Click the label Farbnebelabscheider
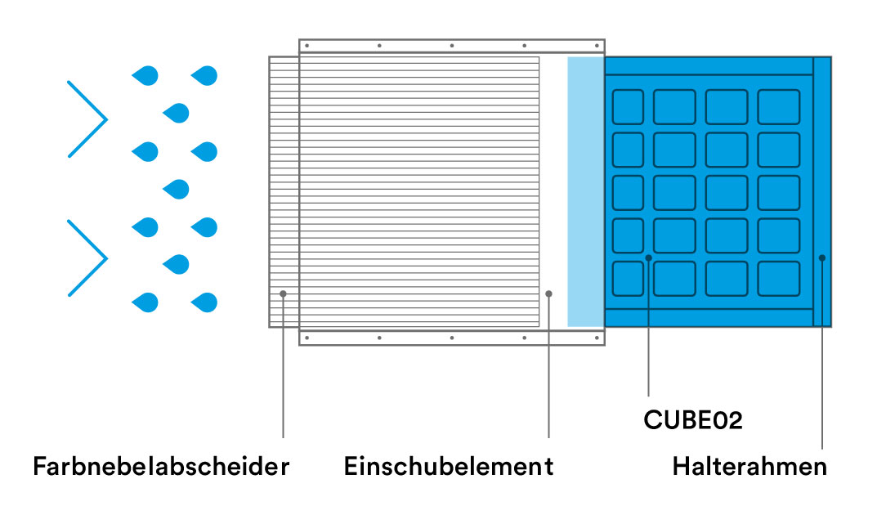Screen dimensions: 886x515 click(161, 467)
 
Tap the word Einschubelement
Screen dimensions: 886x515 click(449, 467)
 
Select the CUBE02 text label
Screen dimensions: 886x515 click(693, 420)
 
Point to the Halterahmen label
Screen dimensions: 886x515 click(750, 467)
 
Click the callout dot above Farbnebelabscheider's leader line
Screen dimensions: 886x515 click(283, 294)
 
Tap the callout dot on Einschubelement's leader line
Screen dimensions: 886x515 click(548, 294)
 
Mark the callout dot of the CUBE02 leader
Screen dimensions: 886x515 click(649, 257)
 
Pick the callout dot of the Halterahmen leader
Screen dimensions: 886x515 click(822, 257)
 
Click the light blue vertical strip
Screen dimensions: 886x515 click(586, 191)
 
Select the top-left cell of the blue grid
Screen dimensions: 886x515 click(628, 107)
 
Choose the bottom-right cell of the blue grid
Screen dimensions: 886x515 click(779, 279)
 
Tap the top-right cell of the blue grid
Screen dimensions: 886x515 click(779, 107)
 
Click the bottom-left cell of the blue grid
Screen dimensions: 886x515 click(628, 279)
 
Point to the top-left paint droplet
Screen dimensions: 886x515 click(145, 76)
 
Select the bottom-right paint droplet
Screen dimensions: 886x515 click(204, 302)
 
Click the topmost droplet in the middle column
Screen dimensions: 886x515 click(176, 113)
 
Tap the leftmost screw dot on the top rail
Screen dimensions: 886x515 click(307, 46)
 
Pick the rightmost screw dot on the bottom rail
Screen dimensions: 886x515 click(597, 338)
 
